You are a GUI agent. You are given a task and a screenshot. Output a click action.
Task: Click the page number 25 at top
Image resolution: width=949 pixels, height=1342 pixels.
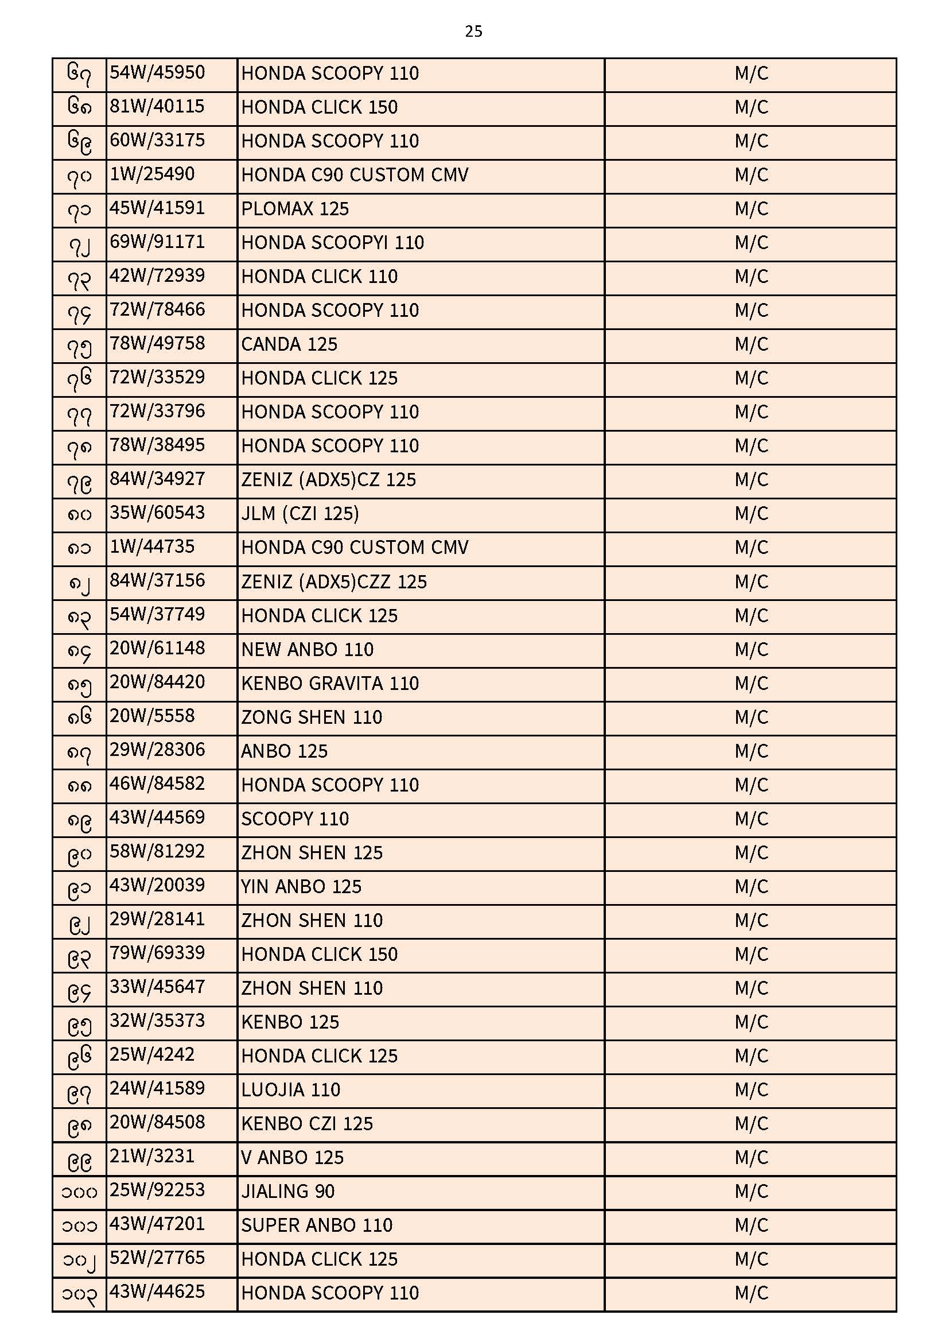473,32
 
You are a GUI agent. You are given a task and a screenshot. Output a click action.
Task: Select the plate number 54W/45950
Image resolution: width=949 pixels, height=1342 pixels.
157,73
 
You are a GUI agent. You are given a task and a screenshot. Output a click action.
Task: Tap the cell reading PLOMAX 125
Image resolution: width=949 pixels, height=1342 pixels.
294,209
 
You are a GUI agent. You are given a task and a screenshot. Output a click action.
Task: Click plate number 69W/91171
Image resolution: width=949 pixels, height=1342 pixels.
157,242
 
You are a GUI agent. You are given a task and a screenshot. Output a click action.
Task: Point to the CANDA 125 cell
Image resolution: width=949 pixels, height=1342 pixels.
289,344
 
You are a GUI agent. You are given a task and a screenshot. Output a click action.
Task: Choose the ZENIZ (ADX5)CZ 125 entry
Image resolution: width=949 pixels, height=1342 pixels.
328,480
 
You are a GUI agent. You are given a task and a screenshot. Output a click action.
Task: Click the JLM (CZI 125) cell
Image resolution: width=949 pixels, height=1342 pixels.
300,514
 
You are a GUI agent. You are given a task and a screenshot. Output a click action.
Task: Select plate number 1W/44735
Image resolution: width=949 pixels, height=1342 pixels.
152,547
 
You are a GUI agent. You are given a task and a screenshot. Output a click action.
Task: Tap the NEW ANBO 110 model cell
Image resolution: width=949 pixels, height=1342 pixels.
308,649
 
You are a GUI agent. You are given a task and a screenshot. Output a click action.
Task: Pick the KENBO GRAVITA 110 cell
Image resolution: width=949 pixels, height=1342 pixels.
330,683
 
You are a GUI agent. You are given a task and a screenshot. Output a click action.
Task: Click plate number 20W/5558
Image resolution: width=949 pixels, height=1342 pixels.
152,716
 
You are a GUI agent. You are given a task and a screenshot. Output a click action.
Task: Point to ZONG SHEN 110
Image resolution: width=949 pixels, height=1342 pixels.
312,717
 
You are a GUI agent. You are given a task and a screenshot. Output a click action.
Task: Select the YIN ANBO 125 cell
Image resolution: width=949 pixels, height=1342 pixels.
301,887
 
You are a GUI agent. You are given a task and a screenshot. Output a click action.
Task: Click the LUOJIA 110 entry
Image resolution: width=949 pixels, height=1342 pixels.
290,1090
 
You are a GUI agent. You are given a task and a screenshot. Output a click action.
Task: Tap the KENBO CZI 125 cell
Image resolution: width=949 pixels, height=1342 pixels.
307,1124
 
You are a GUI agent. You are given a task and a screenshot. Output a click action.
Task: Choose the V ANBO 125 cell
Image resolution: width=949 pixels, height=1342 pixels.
292,1158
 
